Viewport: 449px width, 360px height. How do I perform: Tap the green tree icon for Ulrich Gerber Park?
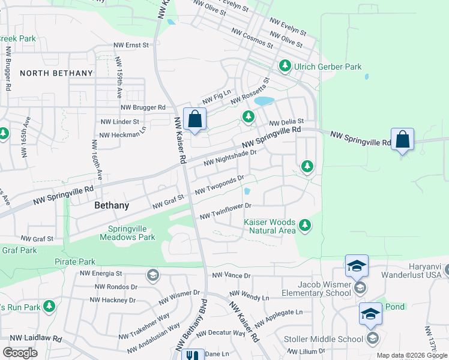tap(284, 66)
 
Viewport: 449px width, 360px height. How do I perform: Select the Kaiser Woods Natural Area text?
tap(270, 226)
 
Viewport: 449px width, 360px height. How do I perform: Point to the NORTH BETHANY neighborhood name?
tap(56, 73)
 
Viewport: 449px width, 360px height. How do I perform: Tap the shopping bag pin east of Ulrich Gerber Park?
tap(402, 139)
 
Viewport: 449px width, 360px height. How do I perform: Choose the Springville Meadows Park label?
tap(131, 233)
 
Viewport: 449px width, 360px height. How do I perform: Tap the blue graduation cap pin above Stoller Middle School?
tap(370, 314)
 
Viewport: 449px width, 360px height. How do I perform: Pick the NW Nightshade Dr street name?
tap(230, 158)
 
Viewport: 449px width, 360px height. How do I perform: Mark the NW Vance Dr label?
tap(231, 275)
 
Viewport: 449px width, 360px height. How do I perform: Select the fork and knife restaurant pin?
tap(192, 355)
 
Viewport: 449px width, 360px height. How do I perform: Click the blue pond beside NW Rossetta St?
tap(264, 101)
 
